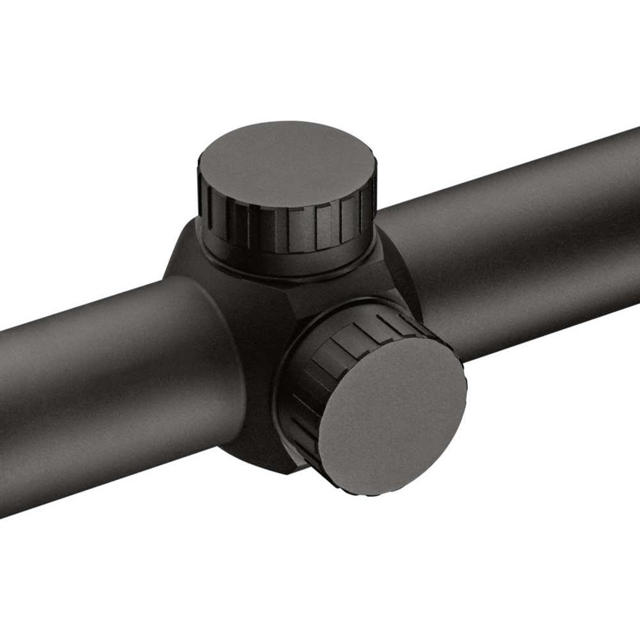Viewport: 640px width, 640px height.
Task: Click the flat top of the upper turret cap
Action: (x=285, y=163)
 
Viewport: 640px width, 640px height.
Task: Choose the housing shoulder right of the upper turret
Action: (x=390, y=256)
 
